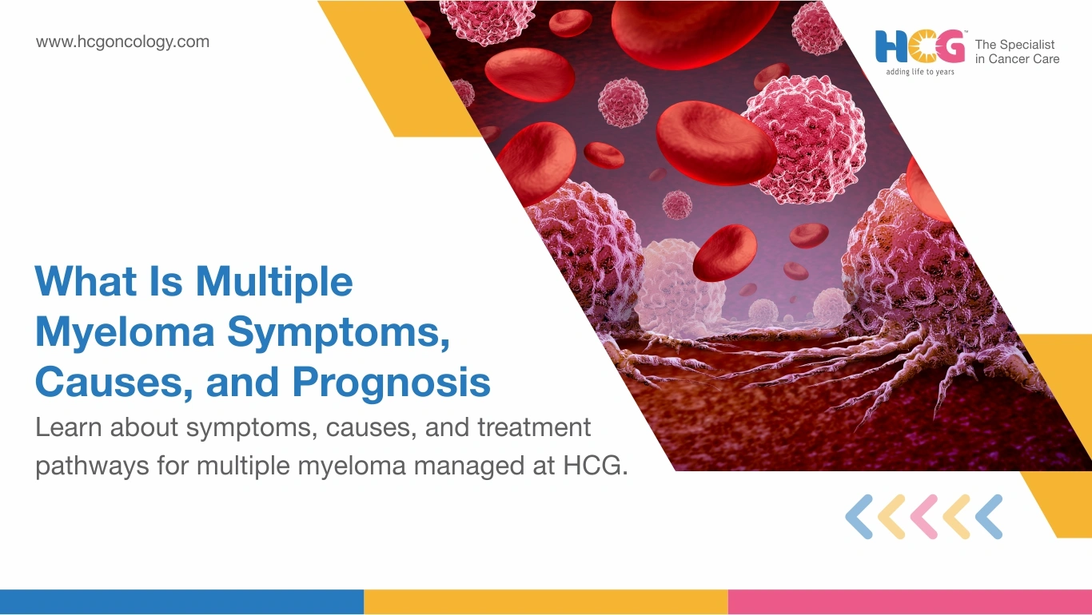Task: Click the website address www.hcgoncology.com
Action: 122,42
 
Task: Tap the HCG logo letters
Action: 920,46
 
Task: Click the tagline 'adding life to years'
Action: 920,72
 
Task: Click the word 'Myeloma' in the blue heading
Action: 125,332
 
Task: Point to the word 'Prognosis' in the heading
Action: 392,382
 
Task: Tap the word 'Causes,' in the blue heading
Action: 114,383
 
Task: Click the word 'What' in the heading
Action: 86,281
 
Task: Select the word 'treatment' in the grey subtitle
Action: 534,427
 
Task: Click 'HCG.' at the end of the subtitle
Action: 596,465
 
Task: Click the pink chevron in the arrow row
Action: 924,517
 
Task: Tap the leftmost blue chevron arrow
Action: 859,517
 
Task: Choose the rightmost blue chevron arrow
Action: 989,517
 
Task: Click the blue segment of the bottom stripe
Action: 181,602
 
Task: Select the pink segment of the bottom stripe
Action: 911,602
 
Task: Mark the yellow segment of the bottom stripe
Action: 546,602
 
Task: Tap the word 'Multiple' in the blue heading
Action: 274,282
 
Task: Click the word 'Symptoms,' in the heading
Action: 338,333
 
